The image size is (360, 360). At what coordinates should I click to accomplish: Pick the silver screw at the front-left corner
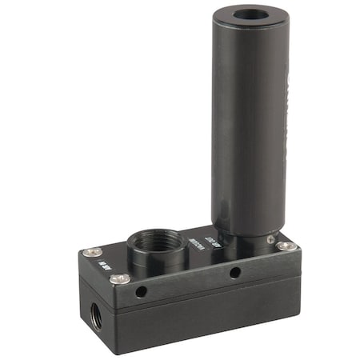(120, 278)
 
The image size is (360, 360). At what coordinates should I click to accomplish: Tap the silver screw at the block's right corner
(286, 246)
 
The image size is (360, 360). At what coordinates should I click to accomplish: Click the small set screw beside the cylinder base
(271, 239)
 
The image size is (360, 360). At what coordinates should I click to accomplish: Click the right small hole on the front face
(235, 273)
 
